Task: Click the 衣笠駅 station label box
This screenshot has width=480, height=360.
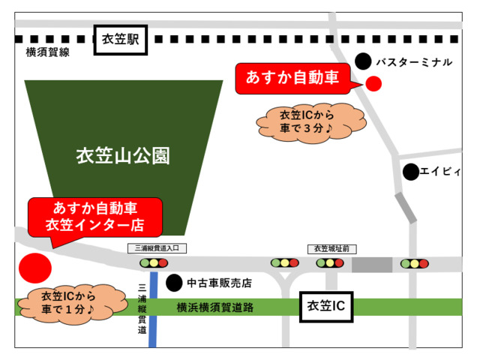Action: click(x=121, y=40)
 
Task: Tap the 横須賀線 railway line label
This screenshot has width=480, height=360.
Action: click(x=47, y=52)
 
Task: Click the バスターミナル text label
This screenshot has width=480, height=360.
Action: click(x=413, y=61)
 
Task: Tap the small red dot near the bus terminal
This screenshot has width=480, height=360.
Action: click(x=373, y=83)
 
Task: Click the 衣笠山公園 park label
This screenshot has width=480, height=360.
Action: click(x=124, y=157)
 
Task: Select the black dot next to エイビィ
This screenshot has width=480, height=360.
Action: click(x=411, y=172)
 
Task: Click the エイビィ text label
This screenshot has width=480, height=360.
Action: click(x=441, y=172)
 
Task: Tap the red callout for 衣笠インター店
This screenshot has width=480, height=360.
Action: click(x=94, y=216)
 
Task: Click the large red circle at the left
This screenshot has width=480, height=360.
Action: click(x=34, y=267)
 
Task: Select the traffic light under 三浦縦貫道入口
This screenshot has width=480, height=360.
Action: click(x=154, y=263)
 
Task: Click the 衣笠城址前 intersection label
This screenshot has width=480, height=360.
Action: click(x=331, y=248)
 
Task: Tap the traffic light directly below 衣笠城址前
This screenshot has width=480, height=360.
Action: click(x=330, y=263)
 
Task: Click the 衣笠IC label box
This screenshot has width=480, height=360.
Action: click(x=326, y=307)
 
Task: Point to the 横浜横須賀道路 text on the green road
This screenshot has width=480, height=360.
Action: click(x=215, y=307)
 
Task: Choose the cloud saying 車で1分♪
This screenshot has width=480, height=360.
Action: click(x=67, y=301)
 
